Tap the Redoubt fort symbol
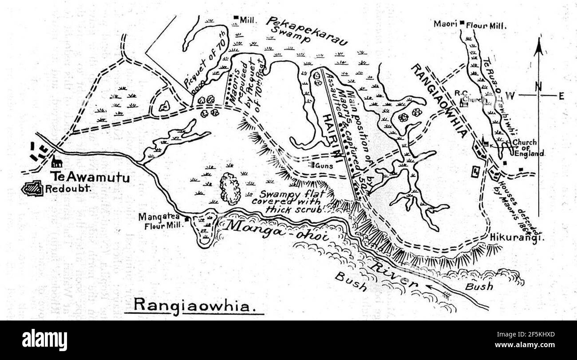coord(32,189)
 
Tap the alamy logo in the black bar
coord(44,340)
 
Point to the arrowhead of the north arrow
coord(538,45)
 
